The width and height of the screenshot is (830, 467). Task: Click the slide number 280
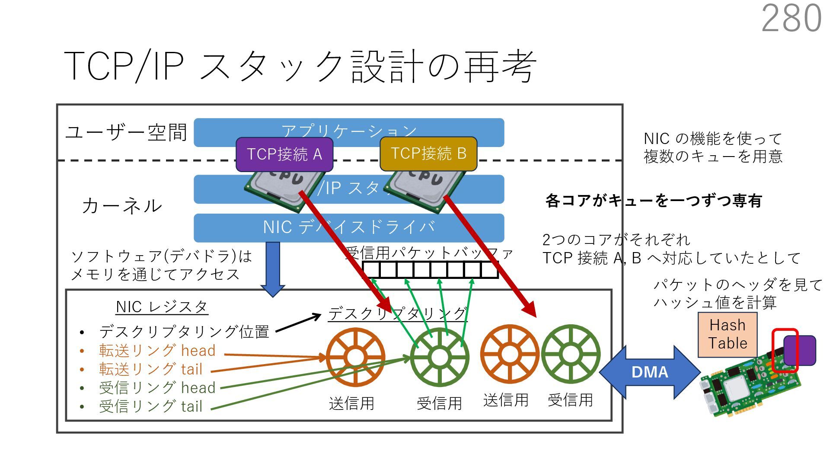tap(791, 18)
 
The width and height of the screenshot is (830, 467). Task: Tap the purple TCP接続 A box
tap(284, 154)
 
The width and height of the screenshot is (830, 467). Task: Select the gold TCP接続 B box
tap(428, 154)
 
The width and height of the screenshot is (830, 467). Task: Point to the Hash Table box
tap(728, 334)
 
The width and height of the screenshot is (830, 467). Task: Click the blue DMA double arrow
tap(649, 372)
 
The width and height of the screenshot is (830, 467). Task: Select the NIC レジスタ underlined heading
tap(162, 307)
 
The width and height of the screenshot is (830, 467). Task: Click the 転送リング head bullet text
tap(157, 351)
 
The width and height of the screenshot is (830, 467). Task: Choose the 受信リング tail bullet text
tap(150, 406)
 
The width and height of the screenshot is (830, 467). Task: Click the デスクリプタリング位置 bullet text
tap(184, 332)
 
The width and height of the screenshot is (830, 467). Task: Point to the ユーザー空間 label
tap(126, 132)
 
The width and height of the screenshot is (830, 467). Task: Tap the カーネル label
tap(122, 206)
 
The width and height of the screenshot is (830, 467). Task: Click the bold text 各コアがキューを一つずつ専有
tap(653, 201)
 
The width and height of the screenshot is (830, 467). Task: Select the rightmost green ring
tap(571, 354)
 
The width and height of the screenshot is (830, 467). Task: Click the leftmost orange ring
tap(355, 357)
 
